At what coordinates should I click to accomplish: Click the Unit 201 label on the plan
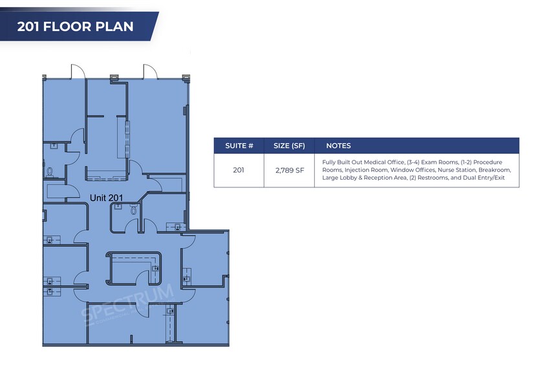106,198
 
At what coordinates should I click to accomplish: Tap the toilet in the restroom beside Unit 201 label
134,209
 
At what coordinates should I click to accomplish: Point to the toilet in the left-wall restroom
50,171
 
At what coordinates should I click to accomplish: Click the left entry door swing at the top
78,71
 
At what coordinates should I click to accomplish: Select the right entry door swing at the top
151,71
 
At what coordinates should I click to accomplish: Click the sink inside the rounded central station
156,268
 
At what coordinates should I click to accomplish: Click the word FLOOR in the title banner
67,26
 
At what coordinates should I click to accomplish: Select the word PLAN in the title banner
114,26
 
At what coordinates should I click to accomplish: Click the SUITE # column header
239,145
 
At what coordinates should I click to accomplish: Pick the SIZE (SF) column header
289,145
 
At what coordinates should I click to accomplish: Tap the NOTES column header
338,145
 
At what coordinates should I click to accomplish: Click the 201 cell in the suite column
239,170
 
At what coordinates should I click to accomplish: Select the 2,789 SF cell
290,170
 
